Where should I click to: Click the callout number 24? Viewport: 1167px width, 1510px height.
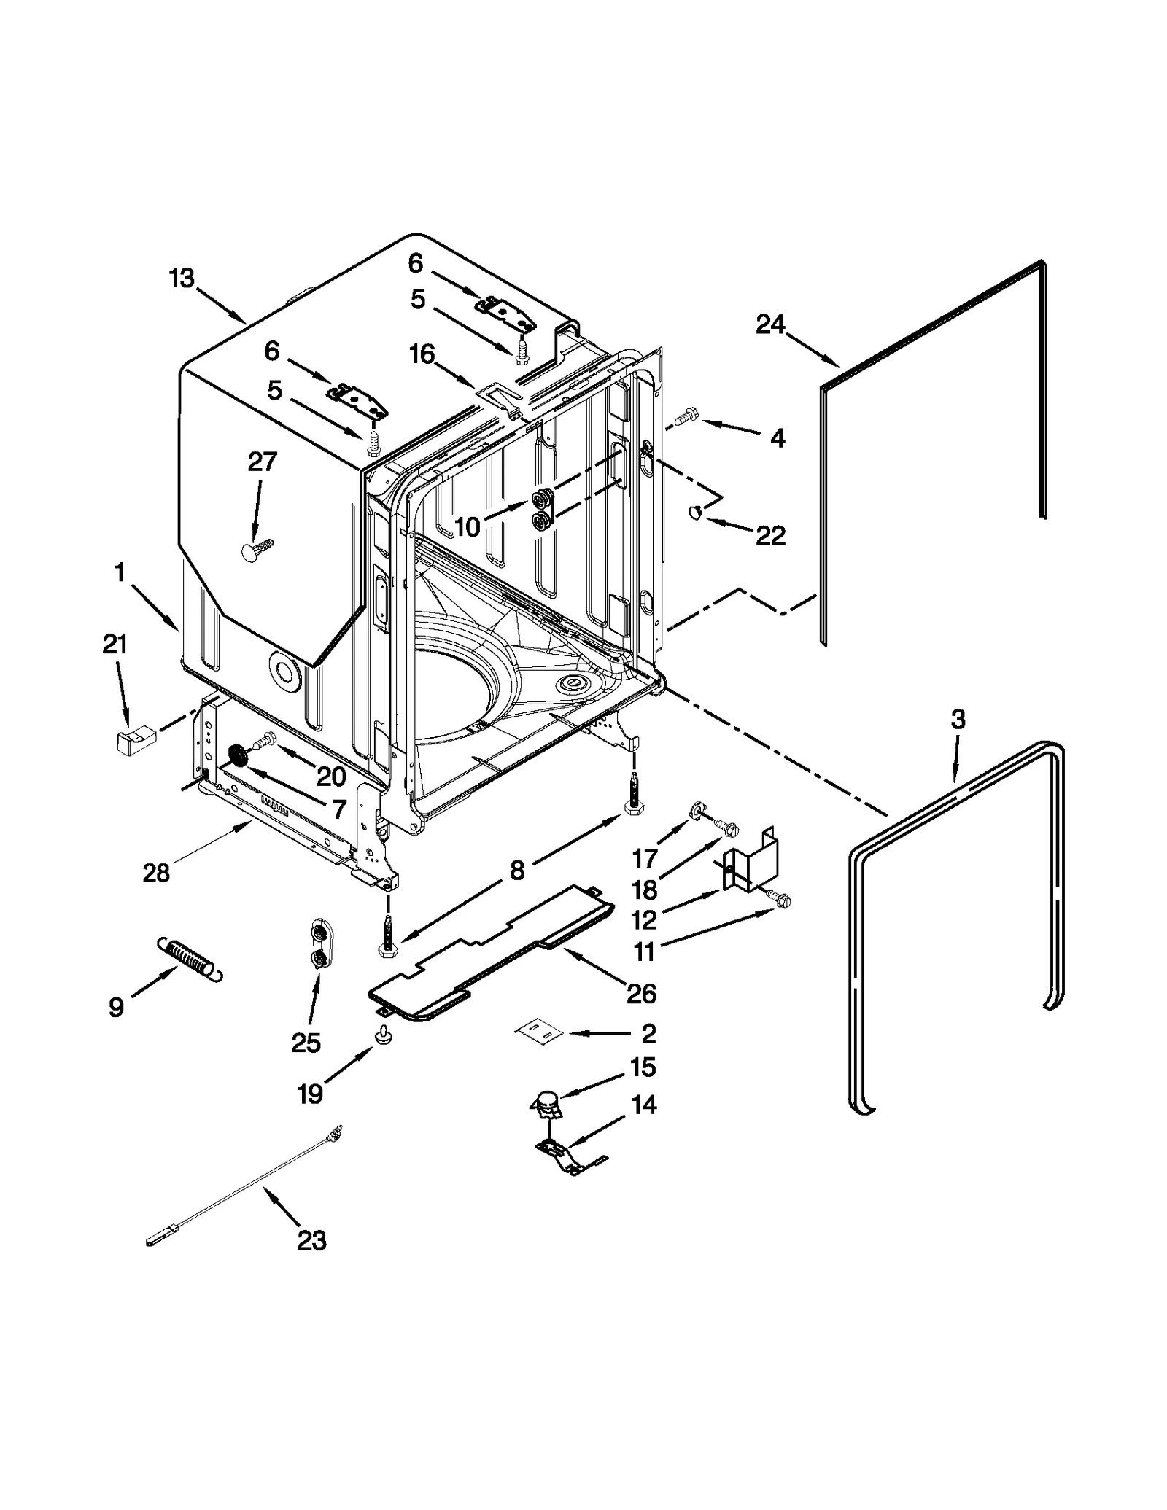[x=769, y=324]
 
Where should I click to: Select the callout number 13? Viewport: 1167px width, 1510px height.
[x=182, y=278]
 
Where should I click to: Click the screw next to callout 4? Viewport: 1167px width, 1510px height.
[x=686, y=418]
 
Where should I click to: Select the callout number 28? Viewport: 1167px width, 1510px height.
[x=156, y=872]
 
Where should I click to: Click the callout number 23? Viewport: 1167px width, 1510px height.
[x=311, y=1240]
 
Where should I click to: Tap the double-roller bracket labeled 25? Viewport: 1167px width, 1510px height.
[x=319, y=944]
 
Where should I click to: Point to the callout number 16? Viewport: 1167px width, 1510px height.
[x=422, y=355]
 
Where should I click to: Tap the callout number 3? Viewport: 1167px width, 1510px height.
[x=958, y=720]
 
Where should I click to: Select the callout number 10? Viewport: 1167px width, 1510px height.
[x=468, y=526]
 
